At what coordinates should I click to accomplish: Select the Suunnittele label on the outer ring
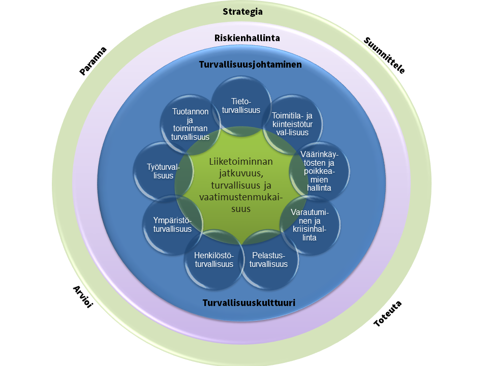(385, 56)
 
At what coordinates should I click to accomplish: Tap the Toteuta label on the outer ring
(388, 314)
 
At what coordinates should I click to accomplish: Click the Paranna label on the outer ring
(93, 61)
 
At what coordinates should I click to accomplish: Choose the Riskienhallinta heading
(247, 38)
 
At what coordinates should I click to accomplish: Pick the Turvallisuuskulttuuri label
(249, 303)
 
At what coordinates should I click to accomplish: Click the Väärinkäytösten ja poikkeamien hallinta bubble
(319, 170)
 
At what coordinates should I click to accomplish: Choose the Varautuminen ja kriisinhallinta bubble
(310, 224)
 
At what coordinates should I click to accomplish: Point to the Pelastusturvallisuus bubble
(269, 259)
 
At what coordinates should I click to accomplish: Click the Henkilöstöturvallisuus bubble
(213, 259)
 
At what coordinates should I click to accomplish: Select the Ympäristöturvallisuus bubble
(172, 225)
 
